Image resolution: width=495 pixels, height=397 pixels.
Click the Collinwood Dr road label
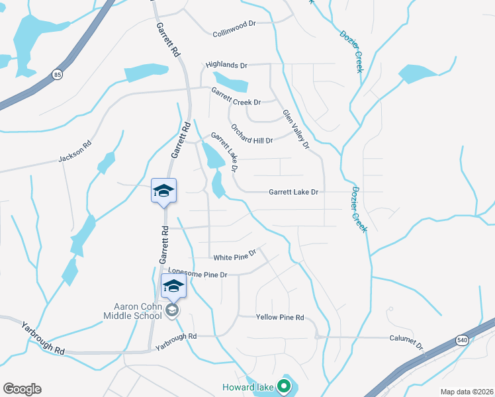(234, 24)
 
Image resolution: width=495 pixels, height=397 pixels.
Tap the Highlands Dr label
(226, 66)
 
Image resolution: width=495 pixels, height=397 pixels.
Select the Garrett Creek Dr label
(236, 97)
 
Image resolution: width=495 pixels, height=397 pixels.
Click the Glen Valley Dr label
(296, 128)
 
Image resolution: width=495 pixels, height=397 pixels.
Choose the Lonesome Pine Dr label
(197, 273)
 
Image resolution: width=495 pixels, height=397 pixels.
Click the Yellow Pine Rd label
(280, 318)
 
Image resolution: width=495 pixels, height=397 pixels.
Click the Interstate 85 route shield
(58, 75)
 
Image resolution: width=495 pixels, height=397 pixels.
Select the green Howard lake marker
(285, 384)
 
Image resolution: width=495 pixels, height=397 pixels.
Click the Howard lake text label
(252, 385)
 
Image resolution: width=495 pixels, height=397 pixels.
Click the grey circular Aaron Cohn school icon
(172, 310)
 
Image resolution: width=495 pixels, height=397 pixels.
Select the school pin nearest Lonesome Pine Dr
(173, 287)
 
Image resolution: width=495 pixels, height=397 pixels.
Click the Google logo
(22, 388)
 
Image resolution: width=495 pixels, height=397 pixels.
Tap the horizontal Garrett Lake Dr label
(293, 192)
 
